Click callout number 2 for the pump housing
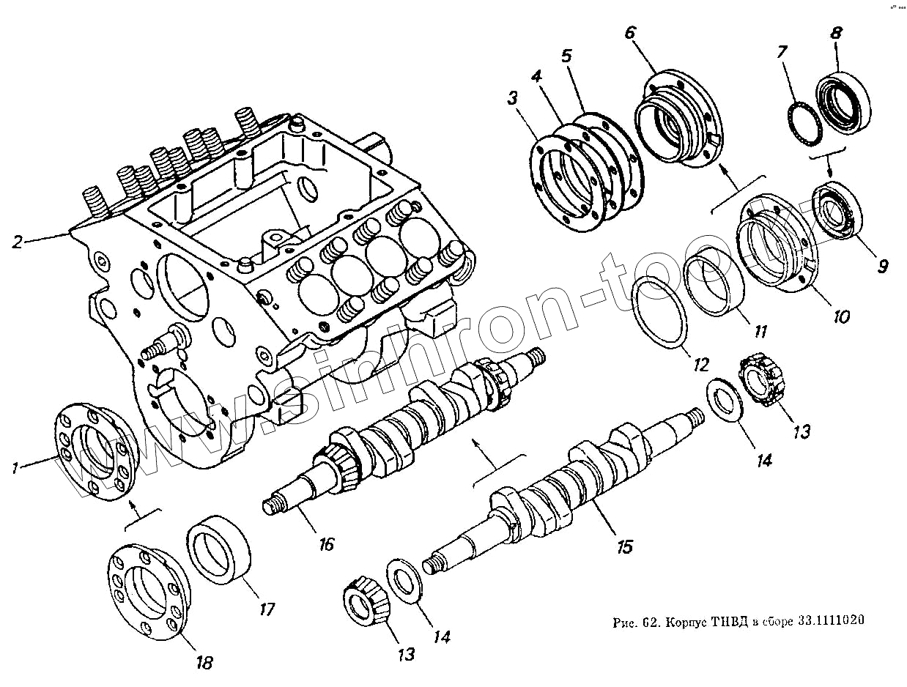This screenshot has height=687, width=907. coord(18,241)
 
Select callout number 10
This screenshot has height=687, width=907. coord(841,316)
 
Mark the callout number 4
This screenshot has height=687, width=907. coord(537,75)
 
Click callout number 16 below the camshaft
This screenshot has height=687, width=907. coord(326,543)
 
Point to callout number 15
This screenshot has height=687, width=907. coord(625,546)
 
